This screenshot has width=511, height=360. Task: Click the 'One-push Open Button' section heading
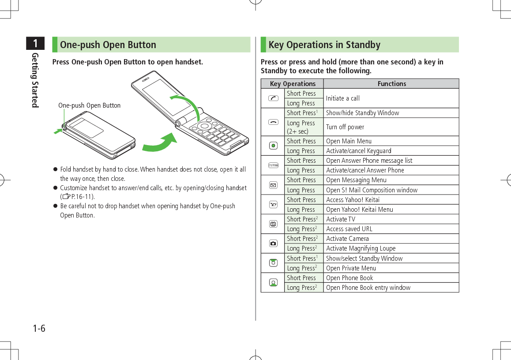[108, 45]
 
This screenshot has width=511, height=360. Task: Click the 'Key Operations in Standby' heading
[324, 45]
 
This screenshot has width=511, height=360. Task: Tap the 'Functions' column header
[391, 84]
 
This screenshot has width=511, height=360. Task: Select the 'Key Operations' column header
[293, 84]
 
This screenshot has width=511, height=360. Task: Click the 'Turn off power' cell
[345, 127]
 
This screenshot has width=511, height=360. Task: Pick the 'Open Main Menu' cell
[349, 141]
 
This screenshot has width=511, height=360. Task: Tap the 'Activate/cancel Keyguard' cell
[358, 151]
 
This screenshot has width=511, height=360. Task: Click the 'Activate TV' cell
[340, 219]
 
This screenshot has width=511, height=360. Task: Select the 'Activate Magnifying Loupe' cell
[361, 248]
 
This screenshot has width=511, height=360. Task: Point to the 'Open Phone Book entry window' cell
[368, 288]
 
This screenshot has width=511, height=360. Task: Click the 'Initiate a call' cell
[342, 98]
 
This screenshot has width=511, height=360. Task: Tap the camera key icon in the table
[274, 243]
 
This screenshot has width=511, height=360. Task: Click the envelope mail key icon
[274, 184]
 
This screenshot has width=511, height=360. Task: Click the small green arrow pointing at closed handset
[57, 131]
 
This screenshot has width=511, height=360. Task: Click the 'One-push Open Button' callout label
[89, 105]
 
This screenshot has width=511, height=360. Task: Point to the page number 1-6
[39, 329]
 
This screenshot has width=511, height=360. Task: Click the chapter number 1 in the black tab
[35, 44]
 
